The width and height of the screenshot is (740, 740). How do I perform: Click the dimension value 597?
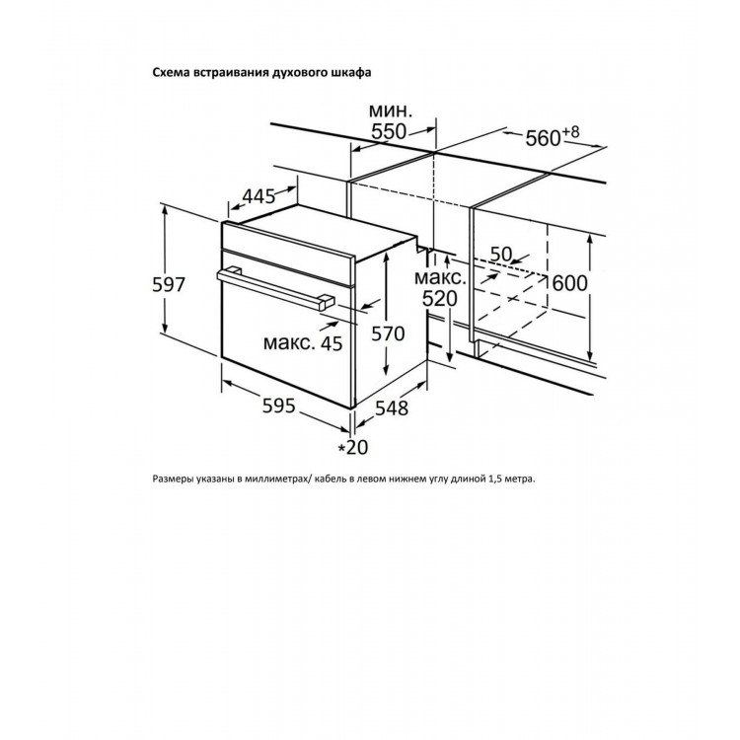click(x=169, y=284)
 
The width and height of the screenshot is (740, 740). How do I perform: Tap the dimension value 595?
click(x=278, y=406)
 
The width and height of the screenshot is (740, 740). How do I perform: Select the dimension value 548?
click(x=392, y=408)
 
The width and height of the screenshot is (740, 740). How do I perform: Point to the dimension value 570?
click(x=388, y=334)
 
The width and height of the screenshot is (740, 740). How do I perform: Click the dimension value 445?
click(x=259, y=196)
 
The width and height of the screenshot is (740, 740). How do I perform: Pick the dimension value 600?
click(x=569, y=283)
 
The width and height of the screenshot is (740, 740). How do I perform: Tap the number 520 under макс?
click(x=439, y=299)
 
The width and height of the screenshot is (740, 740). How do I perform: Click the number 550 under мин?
click(x=389, y=131)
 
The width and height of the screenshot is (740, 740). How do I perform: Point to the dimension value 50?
click(x=500, y=255)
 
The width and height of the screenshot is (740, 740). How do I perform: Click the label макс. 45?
click(x=303, y=343)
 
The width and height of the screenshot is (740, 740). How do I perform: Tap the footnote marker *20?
click(x=353, y=447)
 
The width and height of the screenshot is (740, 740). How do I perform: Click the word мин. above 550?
click(x=391, y=111)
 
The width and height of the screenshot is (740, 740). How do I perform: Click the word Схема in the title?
click(x=169, y=72)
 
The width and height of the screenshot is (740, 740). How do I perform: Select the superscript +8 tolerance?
click(x=570, y=131)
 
